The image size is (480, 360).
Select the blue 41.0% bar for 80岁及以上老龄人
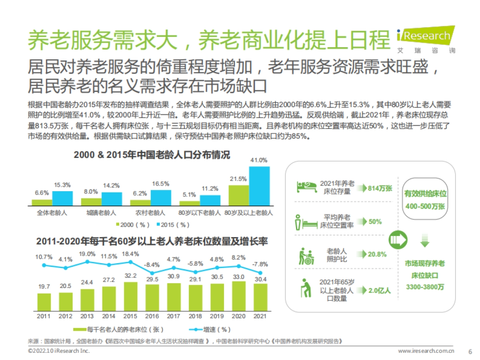coord(259,186)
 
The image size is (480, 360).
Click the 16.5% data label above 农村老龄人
coord(160,184)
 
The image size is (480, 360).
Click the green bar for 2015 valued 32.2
coord(130,296)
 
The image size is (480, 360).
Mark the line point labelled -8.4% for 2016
coord(152,273)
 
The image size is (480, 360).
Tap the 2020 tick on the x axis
coord(239,316)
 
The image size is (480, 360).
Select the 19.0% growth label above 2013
coord(87,254)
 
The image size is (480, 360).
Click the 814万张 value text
coord(380,188)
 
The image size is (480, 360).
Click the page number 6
coord(470,351)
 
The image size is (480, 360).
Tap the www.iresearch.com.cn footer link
coord(426,351)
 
